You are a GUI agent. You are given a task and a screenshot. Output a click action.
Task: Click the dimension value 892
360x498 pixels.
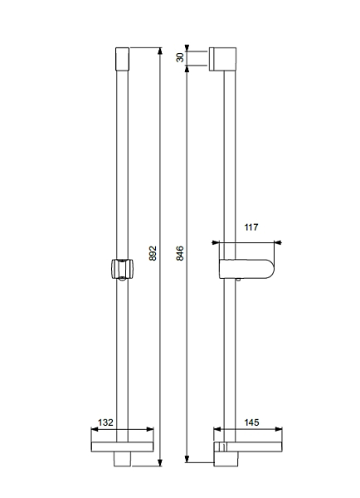coord(153,253)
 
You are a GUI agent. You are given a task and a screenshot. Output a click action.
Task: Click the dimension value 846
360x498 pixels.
coord(180,253)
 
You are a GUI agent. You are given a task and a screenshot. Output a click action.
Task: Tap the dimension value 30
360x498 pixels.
coord(180,57)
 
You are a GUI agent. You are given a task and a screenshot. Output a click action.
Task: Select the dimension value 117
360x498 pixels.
coord(251,227)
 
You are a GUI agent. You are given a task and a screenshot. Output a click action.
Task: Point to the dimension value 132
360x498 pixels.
coord(105,422)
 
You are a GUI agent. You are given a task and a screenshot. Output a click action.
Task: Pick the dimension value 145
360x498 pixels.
coord(251,422)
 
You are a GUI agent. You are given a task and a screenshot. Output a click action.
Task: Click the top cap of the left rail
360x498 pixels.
coord(122,59)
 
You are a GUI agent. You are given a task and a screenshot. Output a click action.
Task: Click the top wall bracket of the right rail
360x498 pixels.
coord(222,59)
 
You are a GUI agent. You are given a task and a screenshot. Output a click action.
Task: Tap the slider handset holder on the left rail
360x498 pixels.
coord(123,270)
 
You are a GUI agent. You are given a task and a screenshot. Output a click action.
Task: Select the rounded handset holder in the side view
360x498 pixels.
coord(246,269)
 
